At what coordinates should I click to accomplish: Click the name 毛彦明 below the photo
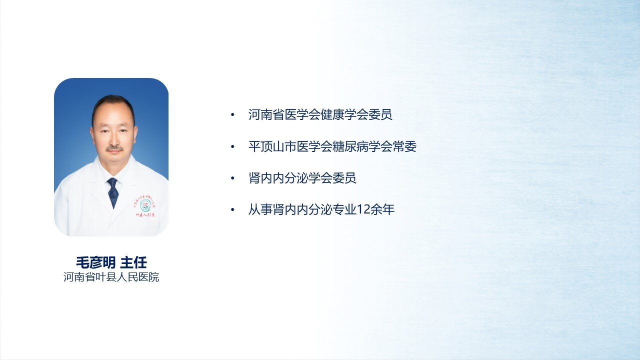(x=95, y=262)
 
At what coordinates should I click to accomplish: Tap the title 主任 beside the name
(x=133, y=262)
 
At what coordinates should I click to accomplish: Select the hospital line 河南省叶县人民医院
(x=111, y=277)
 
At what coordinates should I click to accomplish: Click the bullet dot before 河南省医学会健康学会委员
(x=232, y=115)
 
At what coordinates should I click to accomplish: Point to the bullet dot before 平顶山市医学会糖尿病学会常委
(x=232, y=147)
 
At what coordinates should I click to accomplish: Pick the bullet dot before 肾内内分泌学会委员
(x=232, y=178)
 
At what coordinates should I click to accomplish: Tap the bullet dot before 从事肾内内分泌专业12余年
(x=232, y=210)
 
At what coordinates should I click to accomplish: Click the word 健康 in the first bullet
(x=332, y=114)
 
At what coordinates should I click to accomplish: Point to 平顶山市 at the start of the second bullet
(x=272, y=146)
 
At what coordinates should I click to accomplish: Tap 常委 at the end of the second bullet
(x=404, y=146)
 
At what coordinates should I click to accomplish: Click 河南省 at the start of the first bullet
(x=266, y=114)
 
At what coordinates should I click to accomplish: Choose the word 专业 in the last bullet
(x=345, y=209)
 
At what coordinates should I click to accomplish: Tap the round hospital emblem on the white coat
(x=144, y=205)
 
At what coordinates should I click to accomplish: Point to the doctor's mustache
(x=115, y=148)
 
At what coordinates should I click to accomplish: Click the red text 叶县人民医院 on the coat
(x=145, y=215)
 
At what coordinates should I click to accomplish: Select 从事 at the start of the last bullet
(x=260, y=209)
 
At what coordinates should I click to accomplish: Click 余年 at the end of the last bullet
(x=383, y=209)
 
